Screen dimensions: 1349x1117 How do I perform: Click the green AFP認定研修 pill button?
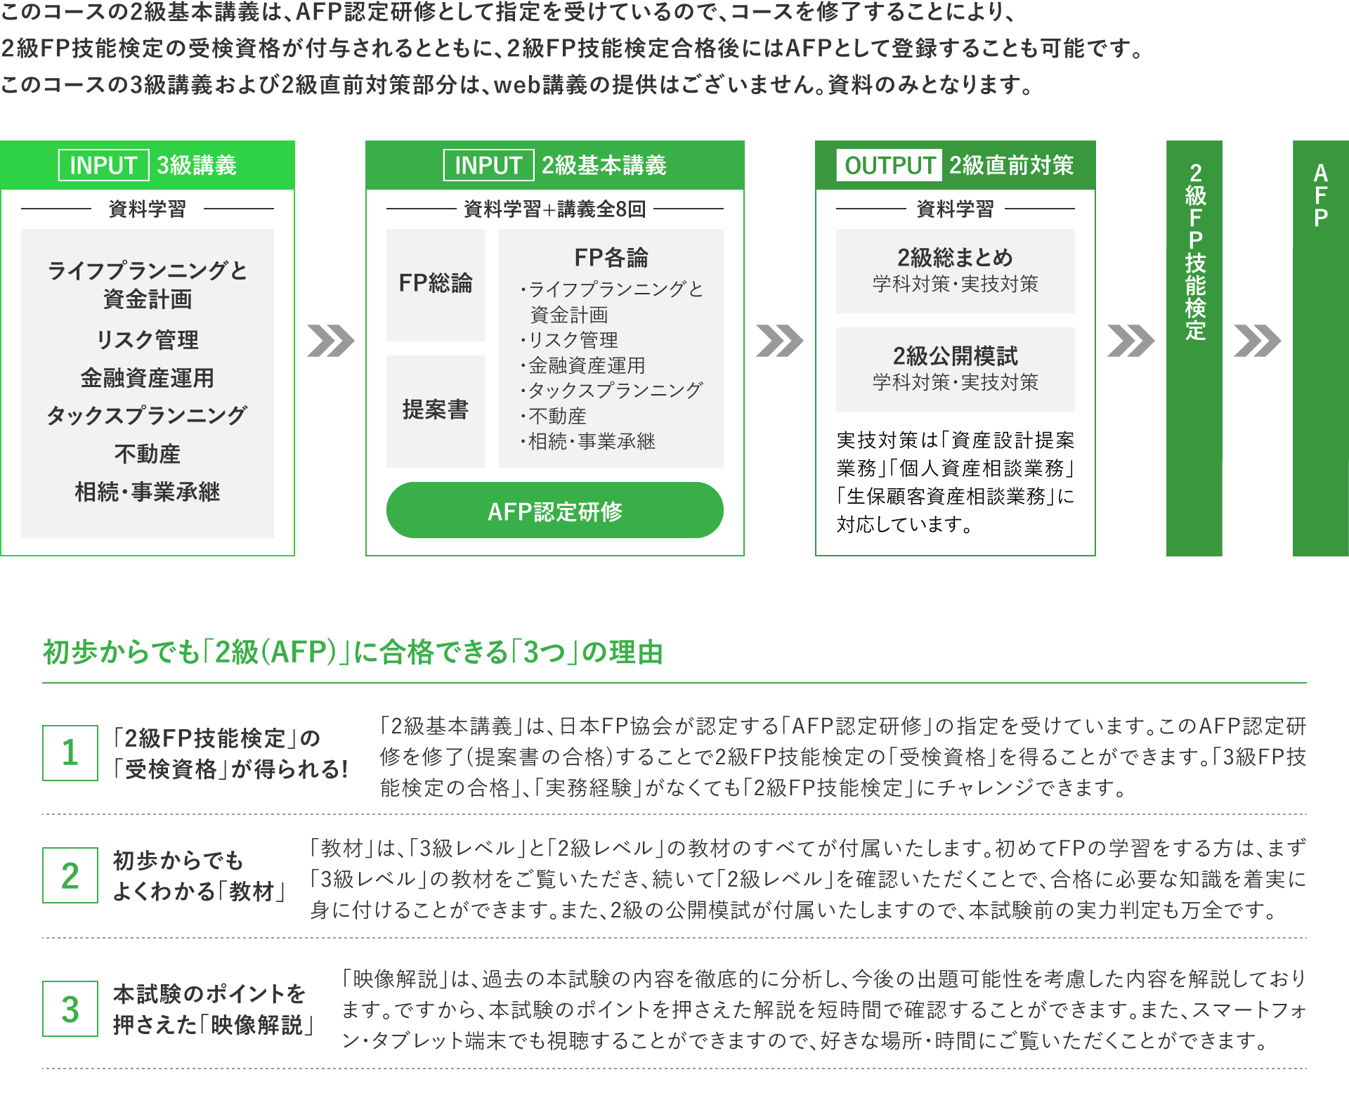[x=554, y=510]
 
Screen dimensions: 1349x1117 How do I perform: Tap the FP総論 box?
[x=436, y=285]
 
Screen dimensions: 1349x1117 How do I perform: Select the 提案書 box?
[x=436, y=411]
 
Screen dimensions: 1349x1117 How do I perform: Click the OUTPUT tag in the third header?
[x=889, y=165]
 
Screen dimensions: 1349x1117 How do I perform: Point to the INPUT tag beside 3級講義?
[x=103, y=165]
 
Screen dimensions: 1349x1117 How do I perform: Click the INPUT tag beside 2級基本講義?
[x=488, y=165]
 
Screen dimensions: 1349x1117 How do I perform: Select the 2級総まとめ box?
[x=956, y=270]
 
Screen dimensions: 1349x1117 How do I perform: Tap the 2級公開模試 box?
[x=956, y=369]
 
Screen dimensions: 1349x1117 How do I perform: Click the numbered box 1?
[x=70, y=752]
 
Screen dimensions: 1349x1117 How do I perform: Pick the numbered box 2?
[x=70, y=875]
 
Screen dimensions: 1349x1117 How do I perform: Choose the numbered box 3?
[x=70, y=1009]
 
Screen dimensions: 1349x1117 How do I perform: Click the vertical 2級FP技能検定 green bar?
[x=1194, y=348]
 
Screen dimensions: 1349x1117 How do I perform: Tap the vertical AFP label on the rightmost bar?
[x=1321, y=195]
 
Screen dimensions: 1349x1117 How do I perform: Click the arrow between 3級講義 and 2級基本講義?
[x=331, y=341]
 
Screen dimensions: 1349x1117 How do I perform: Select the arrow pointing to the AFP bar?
[x=1258, y=341]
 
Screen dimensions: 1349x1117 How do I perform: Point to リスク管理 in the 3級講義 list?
[x=148, y=340]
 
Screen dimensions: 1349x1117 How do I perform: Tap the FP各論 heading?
[x=611, y=257]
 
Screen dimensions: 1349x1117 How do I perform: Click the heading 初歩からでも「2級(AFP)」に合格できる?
[x=275, y=652]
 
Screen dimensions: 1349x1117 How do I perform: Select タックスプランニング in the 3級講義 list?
[x=147, y=415]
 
